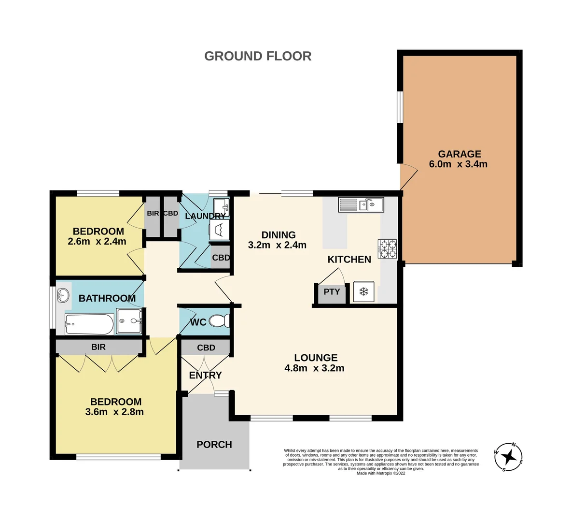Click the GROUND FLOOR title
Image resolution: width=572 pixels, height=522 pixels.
[258, 56]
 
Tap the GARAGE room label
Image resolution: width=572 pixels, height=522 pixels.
[459, 154]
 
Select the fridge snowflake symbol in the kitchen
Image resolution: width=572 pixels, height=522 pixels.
[364, 291]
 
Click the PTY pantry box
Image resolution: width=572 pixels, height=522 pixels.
[332, 292]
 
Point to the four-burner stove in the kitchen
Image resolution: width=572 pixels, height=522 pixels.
[388, 249]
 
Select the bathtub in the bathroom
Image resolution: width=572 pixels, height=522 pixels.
[89, 324]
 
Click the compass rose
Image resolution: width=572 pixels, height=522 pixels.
[508, 456]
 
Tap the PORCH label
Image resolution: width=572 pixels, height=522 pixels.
[214, 445]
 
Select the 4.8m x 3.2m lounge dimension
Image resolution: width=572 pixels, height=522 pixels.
[314, 368]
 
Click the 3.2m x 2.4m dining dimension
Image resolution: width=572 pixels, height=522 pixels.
[277, 245]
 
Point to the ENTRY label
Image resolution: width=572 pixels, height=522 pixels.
[205, 375]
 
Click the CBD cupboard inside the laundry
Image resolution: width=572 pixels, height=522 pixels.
[221, 258]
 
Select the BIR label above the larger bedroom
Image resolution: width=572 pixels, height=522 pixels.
[98, 347]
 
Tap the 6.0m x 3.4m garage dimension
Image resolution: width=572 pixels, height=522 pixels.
[458, 164]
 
